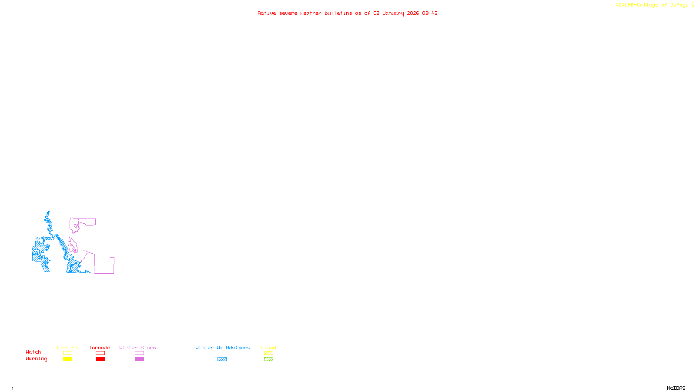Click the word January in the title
click(393, 13)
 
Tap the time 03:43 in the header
click(429, 13)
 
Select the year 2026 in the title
click(413, 13)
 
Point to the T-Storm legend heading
click(67, 348)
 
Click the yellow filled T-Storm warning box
click(67, 359)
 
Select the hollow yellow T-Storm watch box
click(67, 353)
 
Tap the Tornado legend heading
click(100, 348)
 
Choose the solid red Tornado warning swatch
click(100, 359)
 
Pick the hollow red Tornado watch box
click(100, 353)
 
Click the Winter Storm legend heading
click(137, 348)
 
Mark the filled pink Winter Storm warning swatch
click(139, 359)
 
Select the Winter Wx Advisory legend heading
click(223, 348)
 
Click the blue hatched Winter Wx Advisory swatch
click(222, 359)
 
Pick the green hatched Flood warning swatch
click(268, 359)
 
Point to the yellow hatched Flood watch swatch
click(268, 353)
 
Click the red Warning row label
click(36, 359)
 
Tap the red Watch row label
click(33, 352)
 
